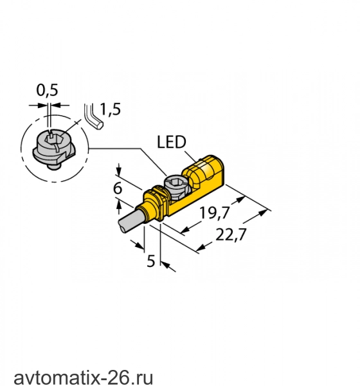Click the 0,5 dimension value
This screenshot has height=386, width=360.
tap(47, 90)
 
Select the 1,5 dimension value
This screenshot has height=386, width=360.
tap(111, 109)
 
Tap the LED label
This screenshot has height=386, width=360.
tap(172, 142)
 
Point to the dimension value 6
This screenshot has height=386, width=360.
tap(118, 188)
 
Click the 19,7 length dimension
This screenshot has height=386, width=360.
tap(215, 213)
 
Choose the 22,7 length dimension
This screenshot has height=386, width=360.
tap(231, 235)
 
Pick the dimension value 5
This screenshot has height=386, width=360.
tap(151, 261)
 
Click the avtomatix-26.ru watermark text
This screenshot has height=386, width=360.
tap(83, 377)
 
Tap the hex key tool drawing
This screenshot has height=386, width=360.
tap(93, 118)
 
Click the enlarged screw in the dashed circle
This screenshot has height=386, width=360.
tap(54, 149)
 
